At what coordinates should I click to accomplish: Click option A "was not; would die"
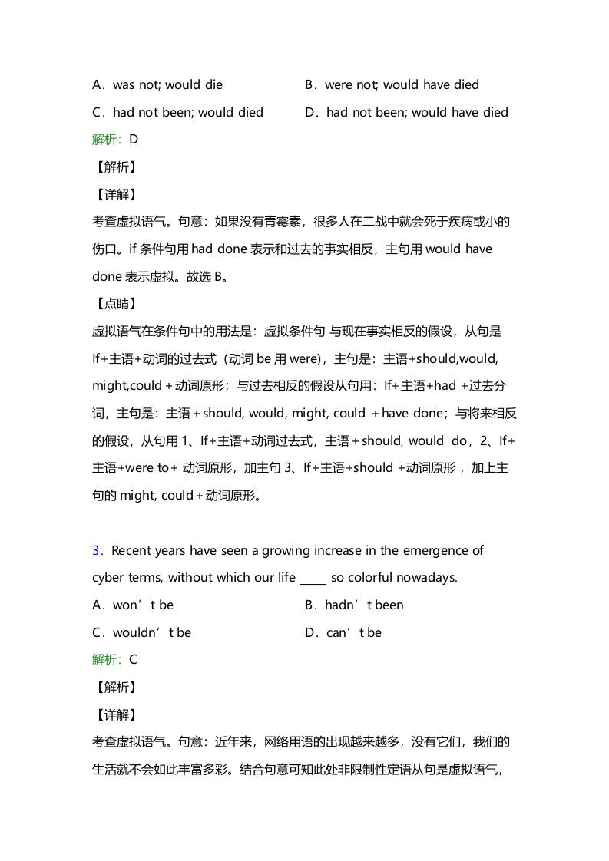point(157,84)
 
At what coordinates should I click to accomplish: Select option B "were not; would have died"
point(392,84)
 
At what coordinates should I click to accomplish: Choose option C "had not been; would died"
point(177,112)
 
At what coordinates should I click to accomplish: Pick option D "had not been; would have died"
point(406,112)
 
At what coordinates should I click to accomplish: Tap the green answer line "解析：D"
point(115,140)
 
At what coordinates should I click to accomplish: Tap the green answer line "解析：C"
point(115,659)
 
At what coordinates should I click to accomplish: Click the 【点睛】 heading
point(114,304)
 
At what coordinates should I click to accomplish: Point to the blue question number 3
point(97,550)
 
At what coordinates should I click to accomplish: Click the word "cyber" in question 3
point(108,577)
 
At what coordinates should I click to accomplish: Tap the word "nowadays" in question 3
point(427,577)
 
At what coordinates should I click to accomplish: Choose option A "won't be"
point(133,605)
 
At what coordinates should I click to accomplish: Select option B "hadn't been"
point(354,605)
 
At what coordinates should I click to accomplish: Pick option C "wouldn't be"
point(141,632)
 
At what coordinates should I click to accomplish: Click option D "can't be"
point(343,632)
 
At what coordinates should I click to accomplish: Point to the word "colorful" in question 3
point(371,577)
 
